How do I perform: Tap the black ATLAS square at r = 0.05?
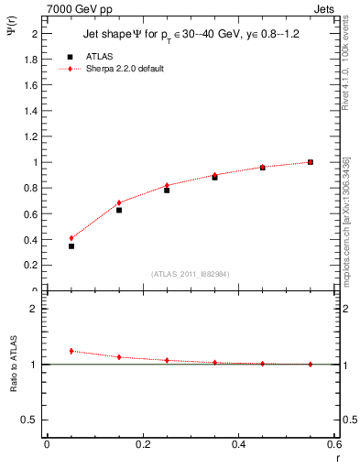coord(71,245)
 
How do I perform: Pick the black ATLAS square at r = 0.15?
coord(119,210)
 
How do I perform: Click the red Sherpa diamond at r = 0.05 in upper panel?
coord(71,238)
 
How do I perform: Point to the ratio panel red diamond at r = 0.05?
coord(71,351)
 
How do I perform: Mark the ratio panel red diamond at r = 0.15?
coord(119,357)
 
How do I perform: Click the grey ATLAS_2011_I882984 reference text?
coord(191,274)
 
